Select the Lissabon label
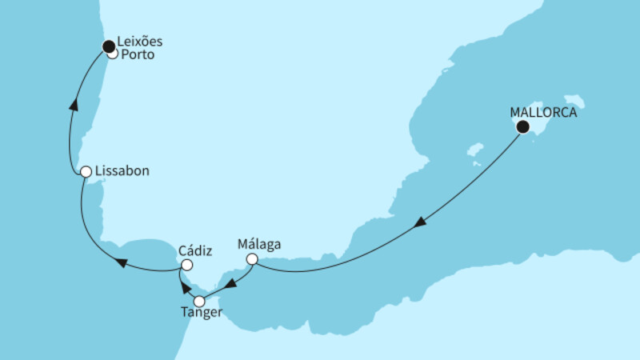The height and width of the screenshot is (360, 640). click(x=122, y=171)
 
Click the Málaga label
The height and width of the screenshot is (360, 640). click(x=259, y=244)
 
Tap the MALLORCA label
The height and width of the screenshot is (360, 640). click(x=543, y=113)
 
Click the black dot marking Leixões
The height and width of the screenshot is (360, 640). click(x=108, y=46)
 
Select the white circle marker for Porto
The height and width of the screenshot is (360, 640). click(x=113, y=54)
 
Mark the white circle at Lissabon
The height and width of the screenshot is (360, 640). click(x=85, y=171)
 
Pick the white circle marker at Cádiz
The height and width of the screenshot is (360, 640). click(x=186, y=265)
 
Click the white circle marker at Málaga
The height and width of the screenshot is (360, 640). click(x=252, y=259)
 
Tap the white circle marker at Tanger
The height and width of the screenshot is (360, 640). click(x=199, y=301)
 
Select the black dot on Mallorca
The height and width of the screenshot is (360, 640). click(x=522, y=126)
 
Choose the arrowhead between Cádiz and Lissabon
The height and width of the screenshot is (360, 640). click(x=120, y=262)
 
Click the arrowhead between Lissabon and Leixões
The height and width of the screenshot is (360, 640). click(x=74, y=102)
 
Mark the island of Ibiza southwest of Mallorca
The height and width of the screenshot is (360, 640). click(x=475, y=150)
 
